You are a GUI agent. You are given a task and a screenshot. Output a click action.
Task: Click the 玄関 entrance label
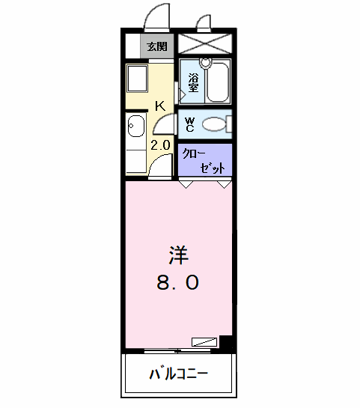point(157,46)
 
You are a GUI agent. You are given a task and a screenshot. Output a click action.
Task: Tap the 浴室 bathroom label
point(193,83)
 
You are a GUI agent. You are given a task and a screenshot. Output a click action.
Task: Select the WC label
point(190,124)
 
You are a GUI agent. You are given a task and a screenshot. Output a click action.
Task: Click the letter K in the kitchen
point(160,106)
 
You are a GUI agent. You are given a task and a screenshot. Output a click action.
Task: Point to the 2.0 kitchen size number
point(160,145)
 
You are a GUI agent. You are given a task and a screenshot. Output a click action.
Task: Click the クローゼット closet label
point(204,161)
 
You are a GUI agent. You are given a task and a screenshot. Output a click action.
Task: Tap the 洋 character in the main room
point(179,255)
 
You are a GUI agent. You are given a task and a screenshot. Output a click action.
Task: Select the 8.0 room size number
point(178,283)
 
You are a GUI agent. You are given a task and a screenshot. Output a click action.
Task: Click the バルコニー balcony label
point(178,374)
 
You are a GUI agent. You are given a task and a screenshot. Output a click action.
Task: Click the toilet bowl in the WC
point(214,124)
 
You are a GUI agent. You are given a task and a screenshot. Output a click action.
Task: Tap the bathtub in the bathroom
point(219,82)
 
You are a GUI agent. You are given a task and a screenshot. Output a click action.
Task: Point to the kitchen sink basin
point(136,126)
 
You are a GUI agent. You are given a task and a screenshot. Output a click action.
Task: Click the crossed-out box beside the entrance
point(205,43)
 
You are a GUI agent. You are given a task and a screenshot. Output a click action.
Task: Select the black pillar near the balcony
point(226,342)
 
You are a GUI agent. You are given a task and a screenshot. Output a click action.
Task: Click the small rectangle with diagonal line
point(204,342)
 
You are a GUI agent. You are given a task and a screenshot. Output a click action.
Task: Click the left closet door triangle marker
point(186,184)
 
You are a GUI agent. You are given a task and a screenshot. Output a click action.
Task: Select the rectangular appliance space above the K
point(137,79)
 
